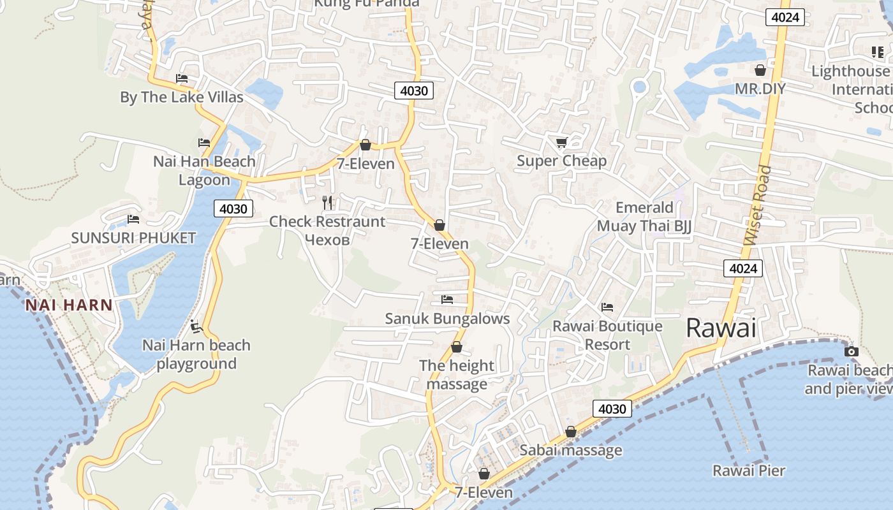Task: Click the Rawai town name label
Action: pyautogui.click(x=721, y=328)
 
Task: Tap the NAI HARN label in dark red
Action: pyautogui.click(x=69, y=305)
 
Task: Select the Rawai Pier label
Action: pyautogui.click(x=749, y=471)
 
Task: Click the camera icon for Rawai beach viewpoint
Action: pyautogui.click(x=851, y=351)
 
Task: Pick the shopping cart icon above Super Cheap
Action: pyautogui.click(x=561, y=142)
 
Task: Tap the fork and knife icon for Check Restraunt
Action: pyautogui.click(x=327, y=203)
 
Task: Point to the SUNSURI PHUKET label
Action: pyautogui.click(x=133, y=238)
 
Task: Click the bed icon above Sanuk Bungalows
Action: pyautogui.click(x=447, y=299)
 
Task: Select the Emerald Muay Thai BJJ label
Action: pyautogui.click(x=644, y=217)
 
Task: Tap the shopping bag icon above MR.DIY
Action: pyautogui.click(x=760, y=70)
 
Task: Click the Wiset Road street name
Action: pyautogui.click(x=758, y=205)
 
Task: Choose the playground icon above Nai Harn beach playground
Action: pyautogui.click(x=196, y=326)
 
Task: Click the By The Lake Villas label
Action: pyautogui.click(x=182, y=98)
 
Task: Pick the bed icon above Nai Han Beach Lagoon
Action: pyautogui.click(x=204, y=143)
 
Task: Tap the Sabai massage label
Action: pyautogui.click(x=570, y=450)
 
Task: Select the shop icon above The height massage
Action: pyautogui.click(x=457, y=347)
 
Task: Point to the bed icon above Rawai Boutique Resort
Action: pyautogui.click(x=607, y=307)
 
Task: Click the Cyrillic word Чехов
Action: pyautogui.click(x=327, y=240)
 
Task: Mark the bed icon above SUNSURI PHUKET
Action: pyautogui.click(x=133, y=219)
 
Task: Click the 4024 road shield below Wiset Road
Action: pyautogui.click(x=743, y=268)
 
